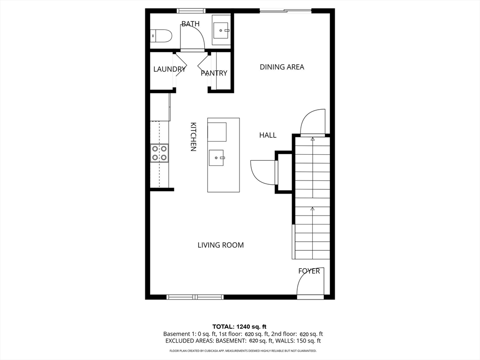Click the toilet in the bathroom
[x=161, y=36]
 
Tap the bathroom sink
[x=220, y=30]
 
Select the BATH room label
[x=190, y=24]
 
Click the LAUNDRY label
[x=170, y=69]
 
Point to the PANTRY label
[x=214, y=73]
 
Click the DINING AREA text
[x=282, y=67]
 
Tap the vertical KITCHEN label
[x=193, y=137]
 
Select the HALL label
[x=268, y=135]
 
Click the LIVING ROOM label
[x=220, y=245]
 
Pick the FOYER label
[x=309, y=271]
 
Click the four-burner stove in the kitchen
[x=159, y=153]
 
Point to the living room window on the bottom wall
[x=195, y=297]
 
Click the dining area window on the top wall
[x=285, y=10]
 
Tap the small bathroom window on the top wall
[x=191, y=10]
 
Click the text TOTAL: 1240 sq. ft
[x=240, y=326]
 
